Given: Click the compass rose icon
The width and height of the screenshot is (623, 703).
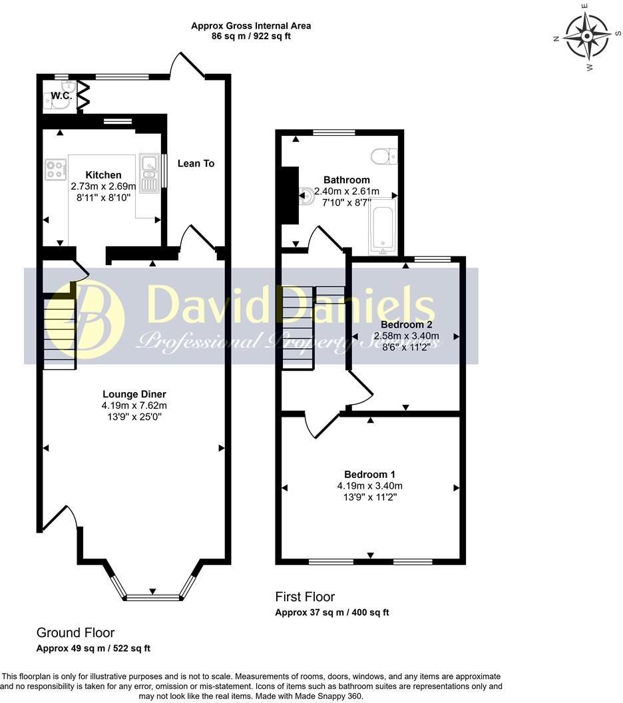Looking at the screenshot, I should click(x=586, y=37).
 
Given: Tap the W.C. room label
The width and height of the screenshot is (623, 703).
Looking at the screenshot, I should click(x=61, y=96).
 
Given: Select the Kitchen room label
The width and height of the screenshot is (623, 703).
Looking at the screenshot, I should click(x=103, y=175).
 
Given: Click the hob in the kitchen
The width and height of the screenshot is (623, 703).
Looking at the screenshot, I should click(x=55, y=169).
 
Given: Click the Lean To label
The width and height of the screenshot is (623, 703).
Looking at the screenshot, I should click(x=196, y=163).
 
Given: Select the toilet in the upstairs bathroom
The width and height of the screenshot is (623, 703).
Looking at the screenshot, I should click(x=383, y=156).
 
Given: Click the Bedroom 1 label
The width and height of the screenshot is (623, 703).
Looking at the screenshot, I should click(x=369, y=475).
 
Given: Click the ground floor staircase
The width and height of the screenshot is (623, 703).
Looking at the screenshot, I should click(x=60, y=333).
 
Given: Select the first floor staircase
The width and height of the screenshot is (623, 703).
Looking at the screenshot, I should click(x=298, y=326).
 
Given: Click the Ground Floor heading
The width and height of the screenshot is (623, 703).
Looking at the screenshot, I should click(x=75, y=633).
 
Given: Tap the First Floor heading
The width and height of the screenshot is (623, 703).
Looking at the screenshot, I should click(x=305, y=597).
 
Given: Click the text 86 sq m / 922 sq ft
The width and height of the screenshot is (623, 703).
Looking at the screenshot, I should click(x=251, y=36).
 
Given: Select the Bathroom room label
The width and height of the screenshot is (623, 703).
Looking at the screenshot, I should click(x=346, y=180).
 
